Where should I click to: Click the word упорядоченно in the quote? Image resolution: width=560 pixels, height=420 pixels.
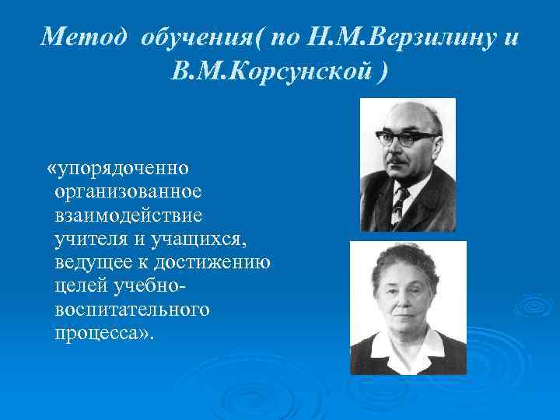click(128, 168)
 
